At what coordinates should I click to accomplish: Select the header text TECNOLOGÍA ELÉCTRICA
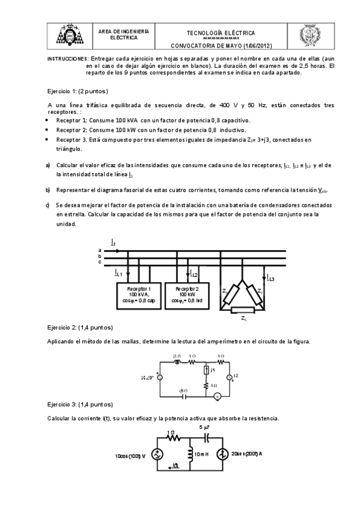pyautogui.click(x=221, y=33)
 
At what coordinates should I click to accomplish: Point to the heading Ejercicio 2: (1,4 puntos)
pyautogui.click(x=79, y=328)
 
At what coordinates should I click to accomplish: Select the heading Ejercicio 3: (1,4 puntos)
pyautogui.click(x=79, y=405)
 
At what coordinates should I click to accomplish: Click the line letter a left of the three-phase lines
pyautogui.click(x=100, y=250)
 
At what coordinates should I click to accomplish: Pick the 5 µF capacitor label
pyautogui.click(x=206, y=427)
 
